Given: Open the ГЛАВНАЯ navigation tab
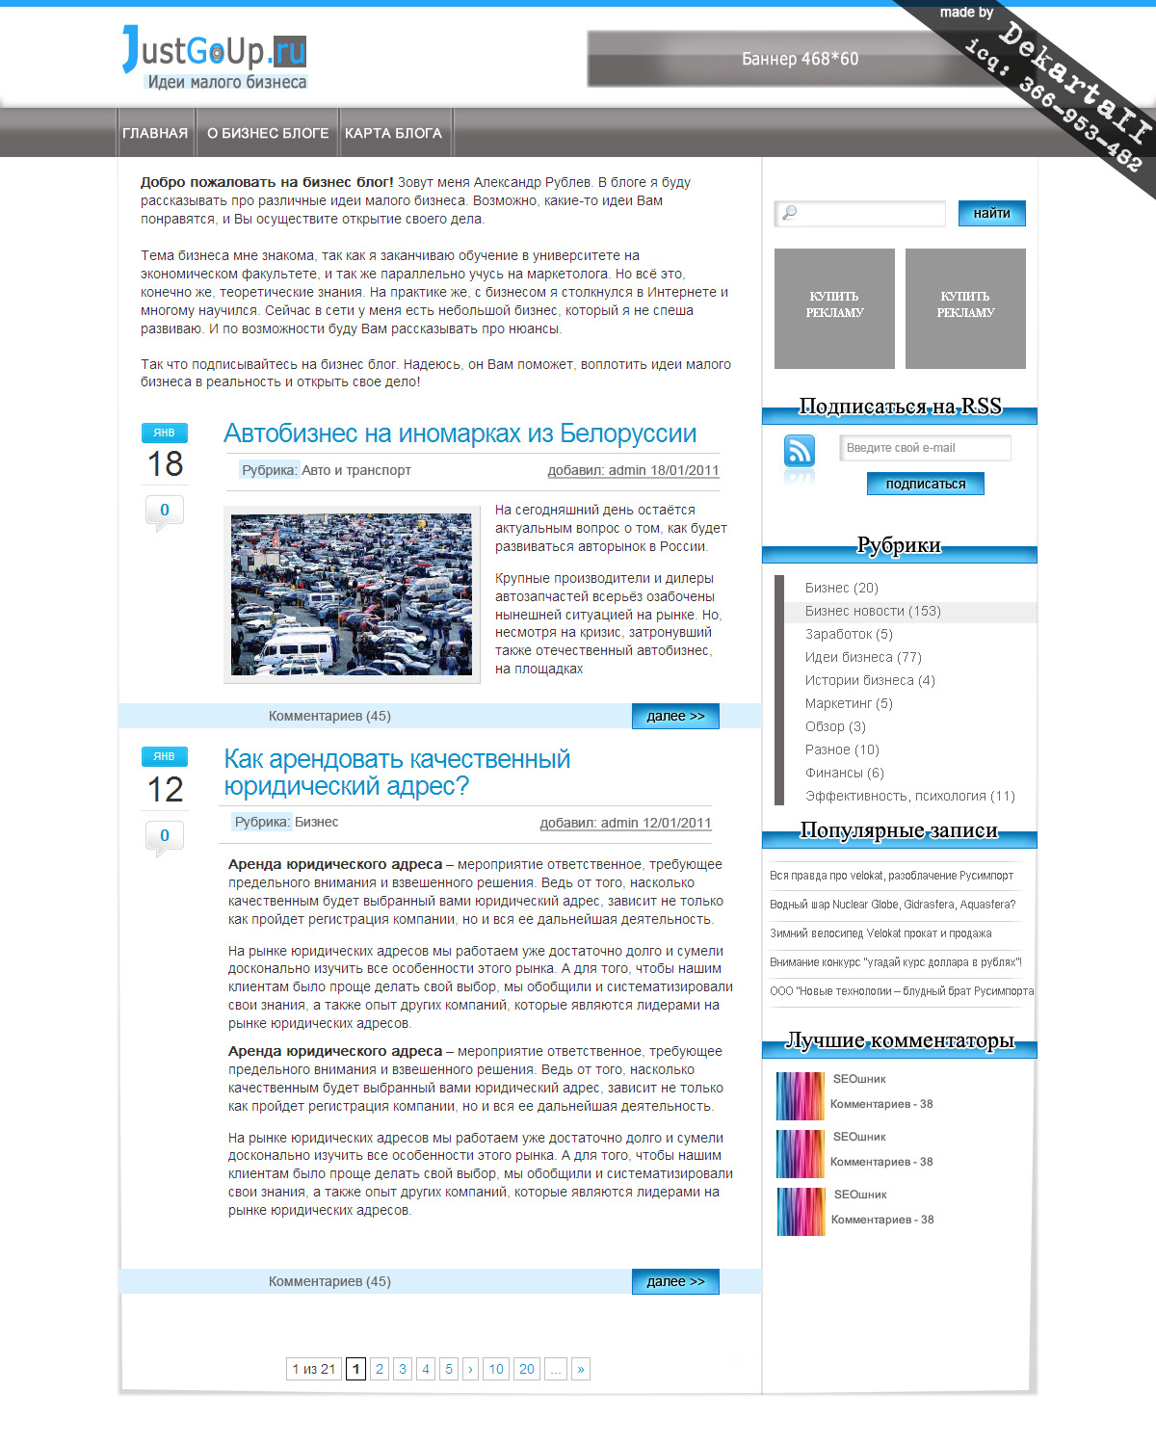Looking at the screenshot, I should (155, 133).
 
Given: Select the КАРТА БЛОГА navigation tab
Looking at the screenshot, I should (393, 133).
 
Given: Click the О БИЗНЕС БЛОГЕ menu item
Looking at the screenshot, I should (268, 133).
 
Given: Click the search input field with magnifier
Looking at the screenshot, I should (860, 213).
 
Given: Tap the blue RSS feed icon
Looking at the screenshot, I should (800, 450).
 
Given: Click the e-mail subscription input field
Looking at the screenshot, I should (926, 448).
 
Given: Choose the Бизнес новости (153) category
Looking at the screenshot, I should (873, 611).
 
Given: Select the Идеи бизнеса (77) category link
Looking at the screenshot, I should (863, 657).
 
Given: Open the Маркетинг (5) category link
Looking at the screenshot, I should (849, 703).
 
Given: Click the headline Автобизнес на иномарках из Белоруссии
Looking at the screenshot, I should (460, 433).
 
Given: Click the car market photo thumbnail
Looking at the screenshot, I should (352, 594).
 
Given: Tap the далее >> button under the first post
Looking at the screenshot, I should (675, 716).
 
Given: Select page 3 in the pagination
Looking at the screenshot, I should (403, 1369).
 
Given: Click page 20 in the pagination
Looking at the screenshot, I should (526, 1369).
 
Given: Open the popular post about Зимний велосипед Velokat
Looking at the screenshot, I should (880, 933).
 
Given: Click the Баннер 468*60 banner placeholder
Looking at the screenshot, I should (800, 59).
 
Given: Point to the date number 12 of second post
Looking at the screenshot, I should (165, 790).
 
